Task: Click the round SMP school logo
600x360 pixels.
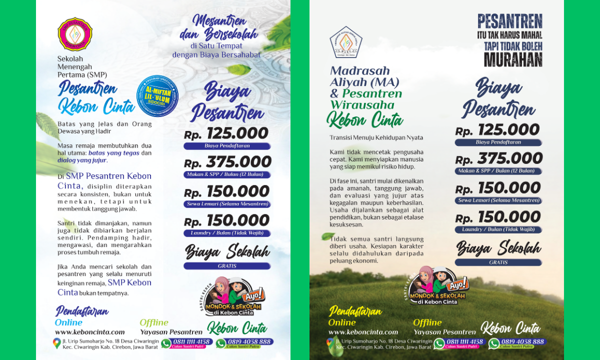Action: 75,34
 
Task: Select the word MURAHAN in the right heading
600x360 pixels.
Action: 513,59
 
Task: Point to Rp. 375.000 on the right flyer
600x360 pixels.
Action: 498,159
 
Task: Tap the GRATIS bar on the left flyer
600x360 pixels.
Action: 227,266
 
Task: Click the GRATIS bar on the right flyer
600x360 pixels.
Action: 498,262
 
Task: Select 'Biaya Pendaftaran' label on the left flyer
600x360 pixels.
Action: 227,146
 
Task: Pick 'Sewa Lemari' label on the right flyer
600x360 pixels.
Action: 498,200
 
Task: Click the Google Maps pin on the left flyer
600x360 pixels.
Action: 57,343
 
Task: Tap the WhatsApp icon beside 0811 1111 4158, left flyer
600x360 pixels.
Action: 166,343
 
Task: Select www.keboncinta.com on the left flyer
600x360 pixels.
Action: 90,332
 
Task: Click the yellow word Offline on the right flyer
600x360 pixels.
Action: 427,322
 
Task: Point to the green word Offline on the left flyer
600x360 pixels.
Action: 154,322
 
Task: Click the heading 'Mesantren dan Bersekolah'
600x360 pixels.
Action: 219,28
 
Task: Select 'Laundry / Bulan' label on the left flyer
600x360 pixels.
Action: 227,233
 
